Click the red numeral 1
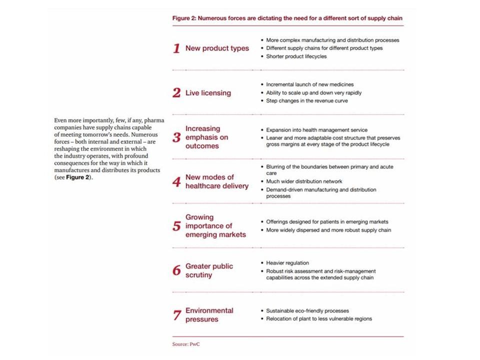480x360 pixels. click(x=176, y=48)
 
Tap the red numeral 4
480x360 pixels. click(x=176, y=182)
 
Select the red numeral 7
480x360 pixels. click(x=176, y=315)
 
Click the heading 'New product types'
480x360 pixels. click(x=217, y=48)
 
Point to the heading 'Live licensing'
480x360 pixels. click(x=208, y=92)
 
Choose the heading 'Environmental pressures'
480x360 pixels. click(x=209, y=315)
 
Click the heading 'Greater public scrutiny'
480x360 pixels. click(x=209, y=270)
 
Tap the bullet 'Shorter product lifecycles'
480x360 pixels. click(x=296, y=56)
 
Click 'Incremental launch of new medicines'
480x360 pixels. click(x=309, y=84)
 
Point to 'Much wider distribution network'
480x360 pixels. click(x=304, y=181)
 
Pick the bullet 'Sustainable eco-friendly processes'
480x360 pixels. click(x=307, y=310)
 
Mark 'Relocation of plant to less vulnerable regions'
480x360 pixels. click(x=318, y=318)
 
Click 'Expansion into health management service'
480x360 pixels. click(x=316, y=130)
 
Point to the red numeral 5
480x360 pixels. click(x=176, y=226)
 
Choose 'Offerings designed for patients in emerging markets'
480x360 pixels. click(x=327, y=221)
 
